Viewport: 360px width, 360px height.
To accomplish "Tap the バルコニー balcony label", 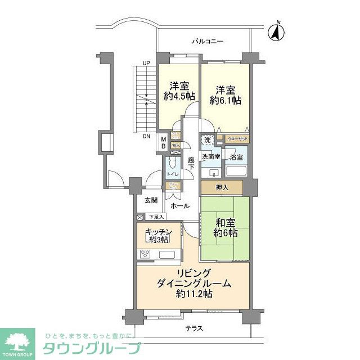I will coord(208,42).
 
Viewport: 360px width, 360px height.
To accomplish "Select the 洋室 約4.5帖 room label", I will coord(177,91).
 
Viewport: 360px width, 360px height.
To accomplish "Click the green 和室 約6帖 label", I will coord(225,228).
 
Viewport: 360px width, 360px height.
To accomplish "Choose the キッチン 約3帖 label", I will coord(158,236).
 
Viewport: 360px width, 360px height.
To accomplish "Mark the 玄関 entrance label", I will coord(151,200).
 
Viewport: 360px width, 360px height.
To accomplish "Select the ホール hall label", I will coord(180,206).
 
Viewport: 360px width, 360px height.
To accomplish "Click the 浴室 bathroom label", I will coord(236,157).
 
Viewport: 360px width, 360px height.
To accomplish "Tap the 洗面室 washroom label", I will coord(211,157).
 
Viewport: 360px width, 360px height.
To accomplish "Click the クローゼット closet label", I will coord(238,138).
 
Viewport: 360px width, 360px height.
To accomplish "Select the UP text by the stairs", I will coord(146,62).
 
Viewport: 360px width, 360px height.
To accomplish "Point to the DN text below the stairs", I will coord(146,137).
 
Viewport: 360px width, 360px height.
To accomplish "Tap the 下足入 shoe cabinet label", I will coord(155,217).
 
